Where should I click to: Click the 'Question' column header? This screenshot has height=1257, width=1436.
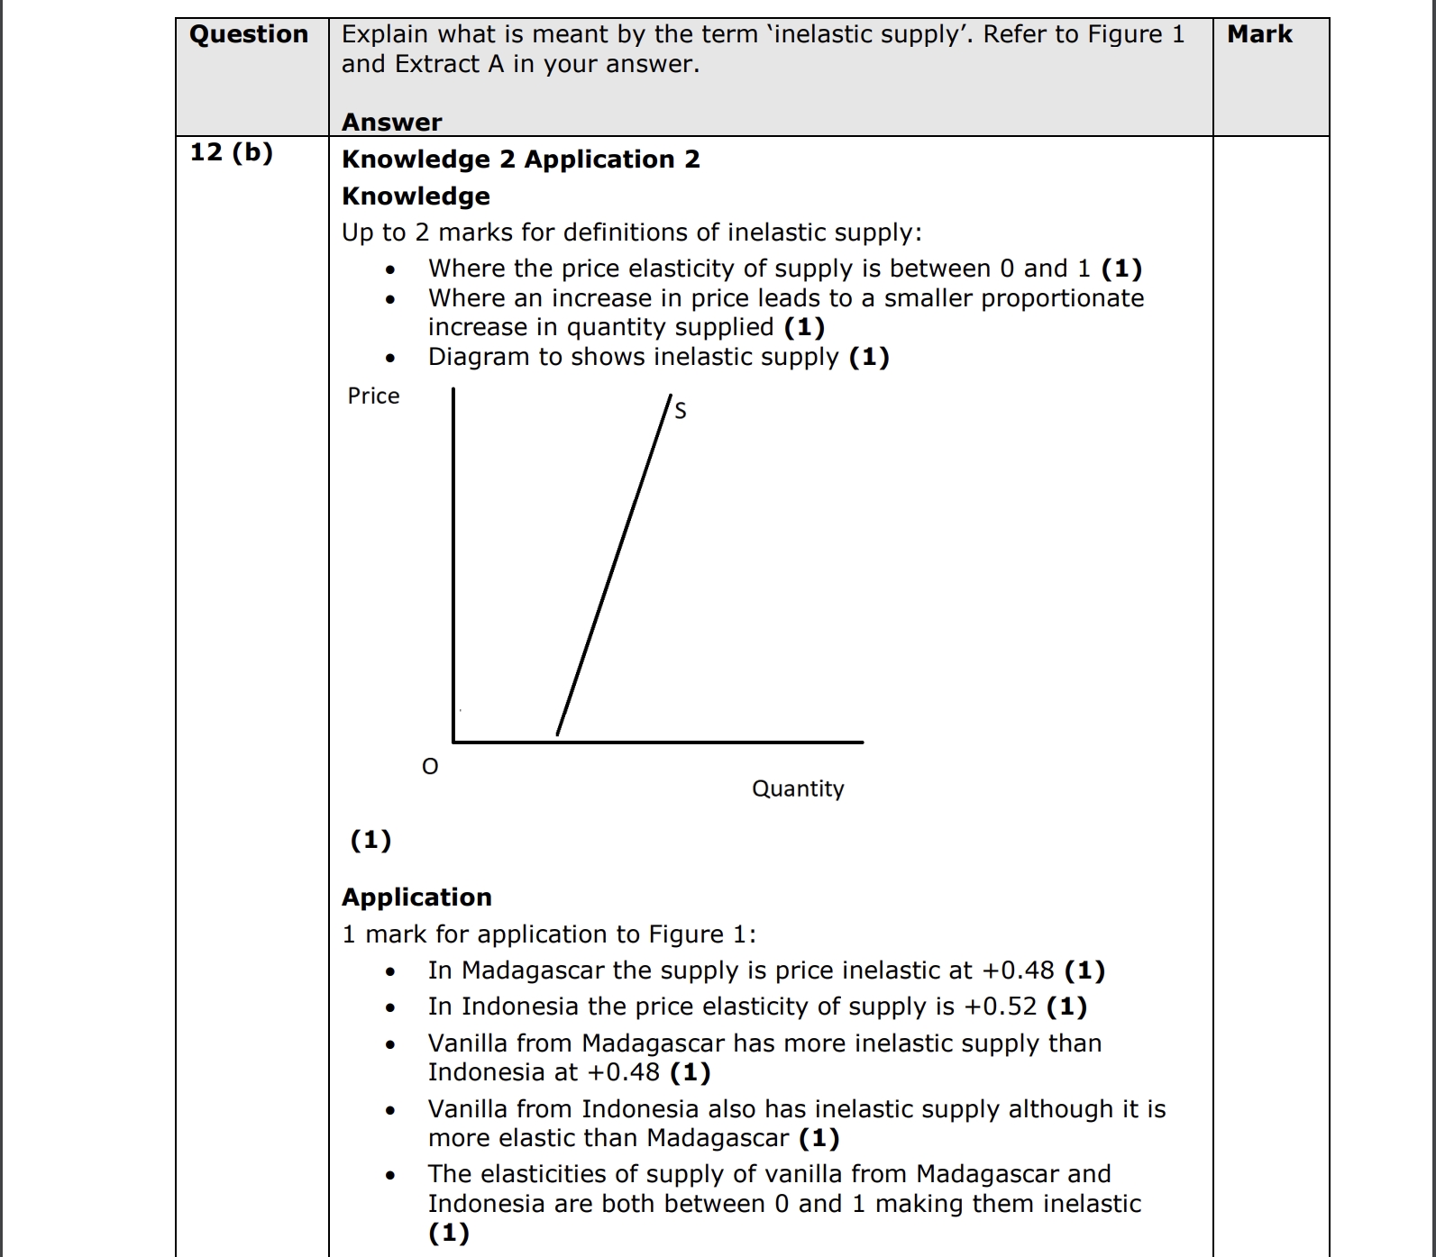tap(249, 34)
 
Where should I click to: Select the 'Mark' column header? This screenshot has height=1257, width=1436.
tap(1259, 34)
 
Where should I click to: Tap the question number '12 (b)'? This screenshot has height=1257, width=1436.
tap(232, 151)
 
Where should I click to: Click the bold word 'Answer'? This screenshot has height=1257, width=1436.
tap(392, 122)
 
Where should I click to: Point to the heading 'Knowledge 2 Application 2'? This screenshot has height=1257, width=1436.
tap(521, 159)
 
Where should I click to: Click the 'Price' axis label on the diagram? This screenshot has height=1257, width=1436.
tap(373, 396)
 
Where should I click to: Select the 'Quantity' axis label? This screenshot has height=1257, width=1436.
tap(798, 788)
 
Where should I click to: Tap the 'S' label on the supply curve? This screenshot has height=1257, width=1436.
tap(681, 411)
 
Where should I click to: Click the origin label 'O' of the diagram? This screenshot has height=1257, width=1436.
tap(430, 767)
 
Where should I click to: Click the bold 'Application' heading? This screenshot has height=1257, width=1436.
tap(416, 897)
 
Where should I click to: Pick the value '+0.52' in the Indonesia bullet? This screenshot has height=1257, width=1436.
tap(1001, 1007)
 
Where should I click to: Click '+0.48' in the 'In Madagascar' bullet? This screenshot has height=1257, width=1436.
tap(1018, 970)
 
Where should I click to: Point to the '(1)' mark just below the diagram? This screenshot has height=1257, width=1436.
tap(370, 840)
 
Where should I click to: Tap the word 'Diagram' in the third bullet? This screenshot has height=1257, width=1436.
tap(479, 357)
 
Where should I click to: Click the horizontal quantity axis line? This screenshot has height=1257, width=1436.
tap(658, 742)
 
